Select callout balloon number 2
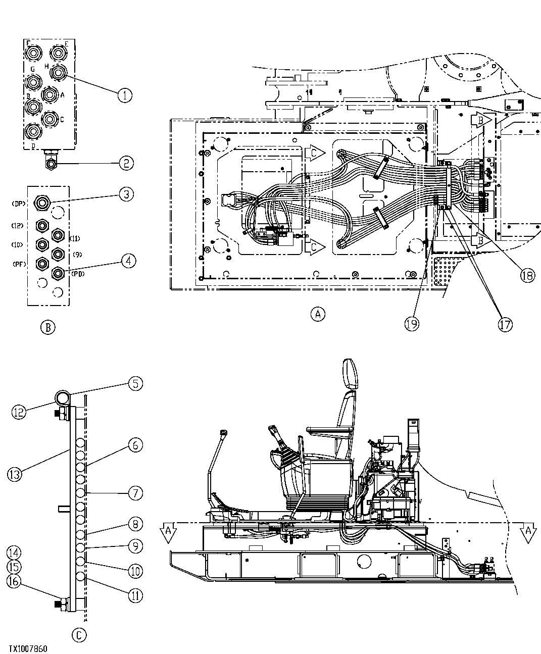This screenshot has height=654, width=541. coord(126,163)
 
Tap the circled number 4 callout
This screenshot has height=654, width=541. coord(128,261)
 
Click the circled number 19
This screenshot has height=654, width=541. coord(412,324)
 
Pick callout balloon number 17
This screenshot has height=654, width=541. coord(505,324)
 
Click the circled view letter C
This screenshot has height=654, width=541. coord(79,634)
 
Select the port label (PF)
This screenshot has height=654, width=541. coord(19,264)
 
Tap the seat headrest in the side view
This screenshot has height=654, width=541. coord(349,373)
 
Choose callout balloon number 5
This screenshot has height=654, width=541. coord(135,384)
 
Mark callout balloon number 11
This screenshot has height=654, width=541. coord(135,595)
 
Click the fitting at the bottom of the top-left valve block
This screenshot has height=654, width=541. coord(52,162)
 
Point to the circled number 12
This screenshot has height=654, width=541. coord(19,412)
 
